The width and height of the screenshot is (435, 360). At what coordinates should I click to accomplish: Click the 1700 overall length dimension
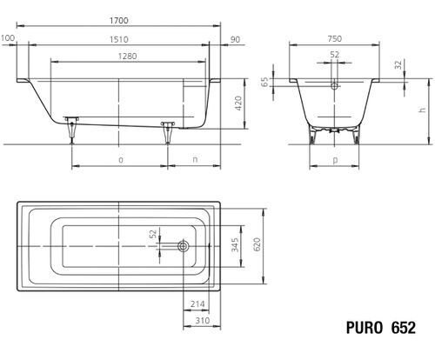coord(119,21)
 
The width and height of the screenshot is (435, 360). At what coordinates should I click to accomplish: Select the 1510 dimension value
coord(119,39)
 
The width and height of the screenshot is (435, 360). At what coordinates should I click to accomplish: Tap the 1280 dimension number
coord(127,56)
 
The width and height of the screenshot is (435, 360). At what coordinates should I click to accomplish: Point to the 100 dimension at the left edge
coord(8,38)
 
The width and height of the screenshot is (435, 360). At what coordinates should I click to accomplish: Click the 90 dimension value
coord(235,39)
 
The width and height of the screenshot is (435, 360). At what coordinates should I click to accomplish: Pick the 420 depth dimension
coord(238,103)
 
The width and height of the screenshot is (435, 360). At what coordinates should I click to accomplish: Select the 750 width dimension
coord(335,38)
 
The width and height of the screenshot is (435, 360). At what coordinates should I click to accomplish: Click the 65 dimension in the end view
coord(264,82)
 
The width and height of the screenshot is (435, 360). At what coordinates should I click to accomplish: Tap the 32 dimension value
coord(399,64)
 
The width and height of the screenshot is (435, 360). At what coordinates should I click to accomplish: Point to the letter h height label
coord(423,110)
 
